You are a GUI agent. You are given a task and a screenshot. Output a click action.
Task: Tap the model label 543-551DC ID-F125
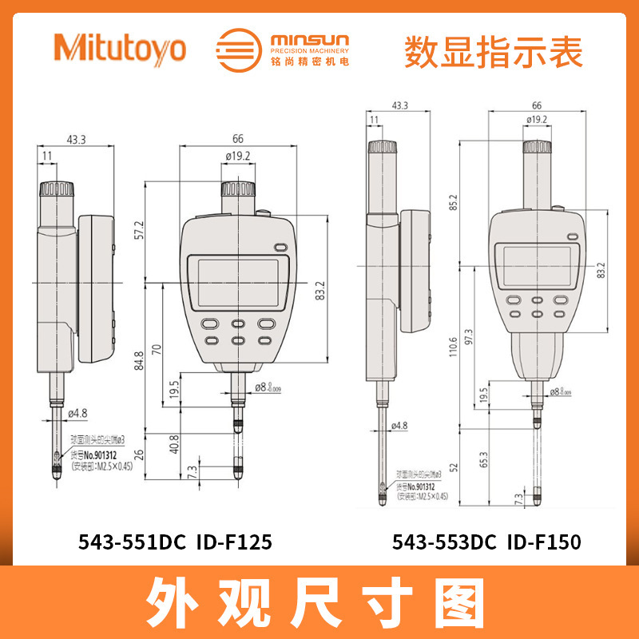[x=176, y=542]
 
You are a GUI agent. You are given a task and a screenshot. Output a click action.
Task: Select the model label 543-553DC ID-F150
[x=486, y=542]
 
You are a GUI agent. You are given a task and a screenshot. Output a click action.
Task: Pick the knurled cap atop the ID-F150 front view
[x=538, y=147]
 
